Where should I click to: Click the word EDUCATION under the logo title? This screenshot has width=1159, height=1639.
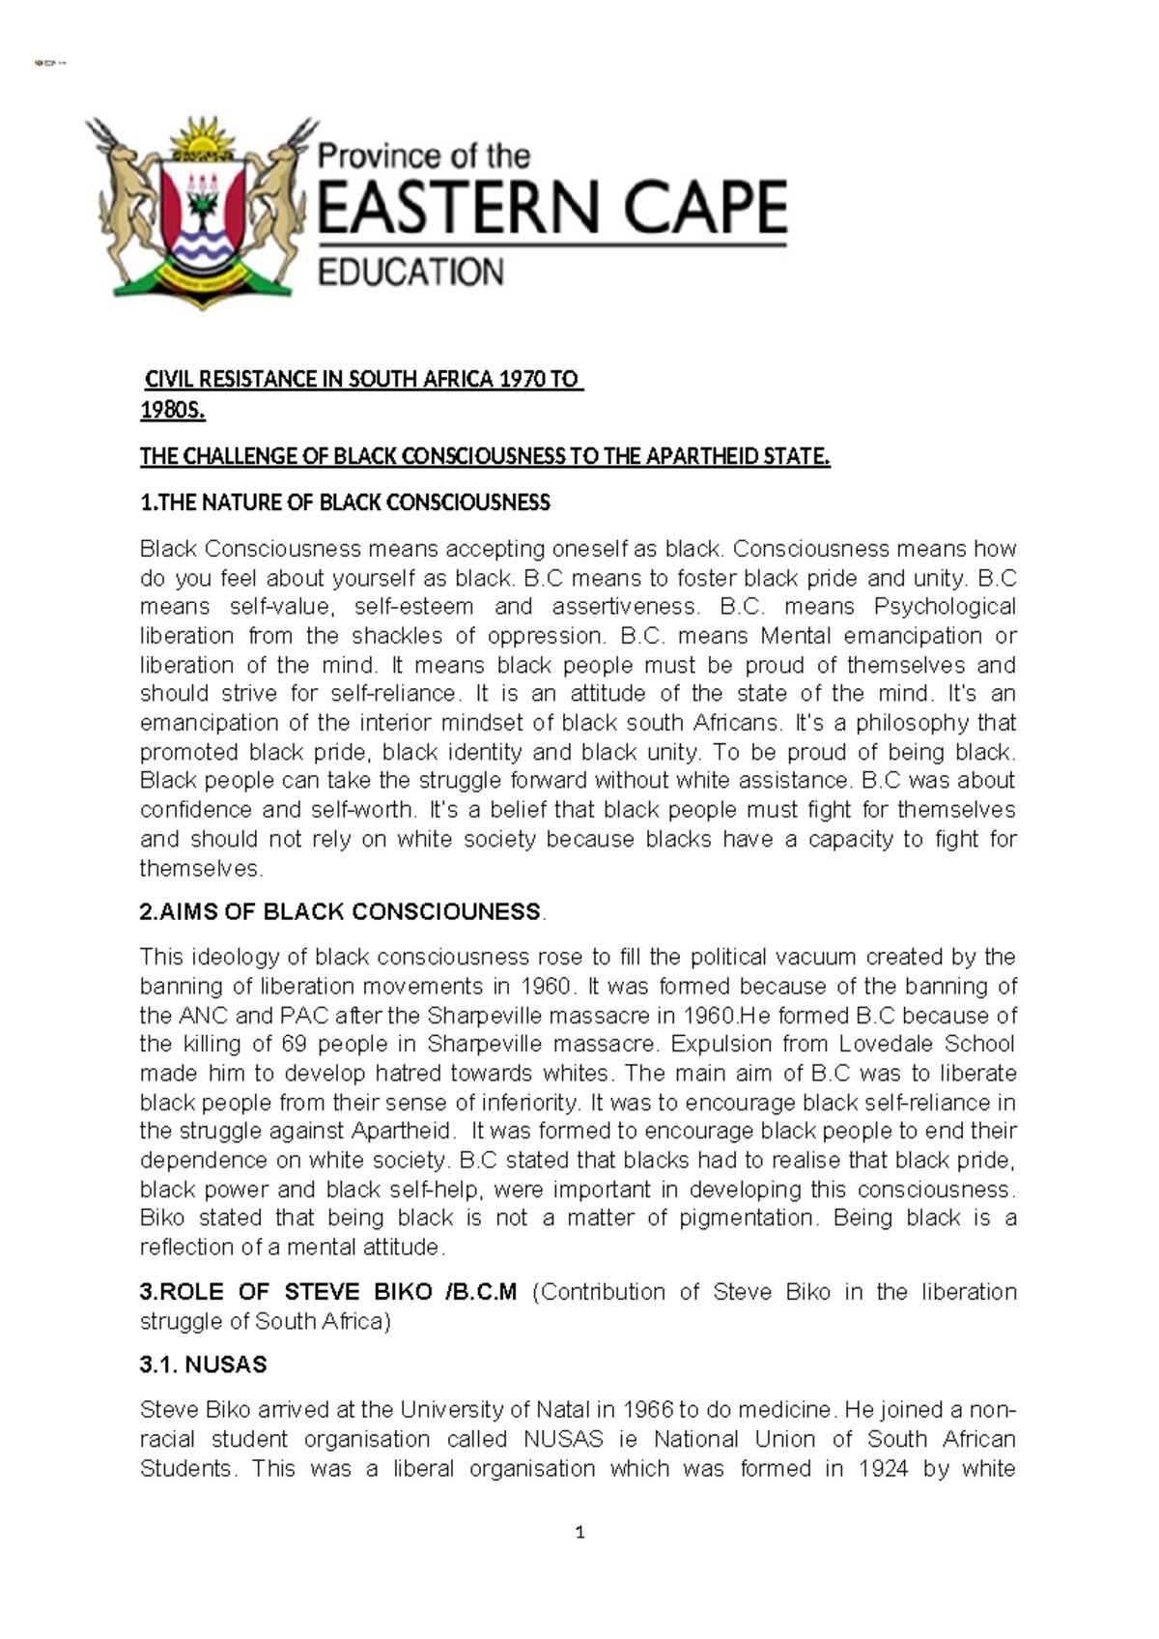pos(410,273)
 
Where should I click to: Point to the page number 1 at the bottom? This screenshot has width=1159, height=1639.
pos(579,1532)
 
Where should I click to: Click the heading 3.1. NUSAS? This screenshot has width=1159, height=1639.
pos(203,1365)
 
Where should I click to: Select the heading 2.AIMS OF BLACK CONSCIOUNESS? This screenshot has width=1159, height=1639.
pos(341,911)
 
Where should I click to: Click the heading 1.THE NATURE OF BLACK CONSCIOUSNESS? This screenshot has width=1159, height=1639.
pos(345,503)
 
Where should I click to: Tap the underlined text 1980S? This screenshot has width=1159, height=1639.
pos(173,411)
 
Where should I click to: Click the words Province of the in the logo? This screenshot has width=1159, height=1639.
pos(424,156)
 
